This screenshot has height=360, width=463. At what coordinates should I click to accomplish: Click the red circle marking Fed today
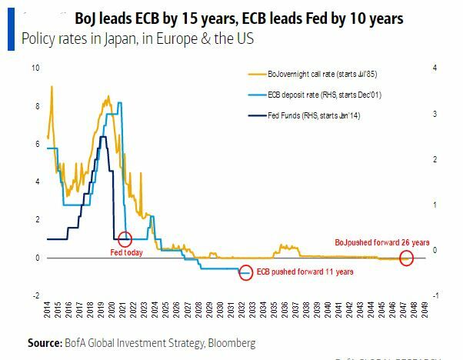pos(125,239)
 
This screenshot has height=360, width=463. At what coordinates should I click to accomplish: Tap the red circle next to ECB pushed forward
pos(245,272)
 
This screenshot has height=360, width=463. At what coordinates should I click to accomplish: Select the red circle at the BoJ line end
pos(407,258)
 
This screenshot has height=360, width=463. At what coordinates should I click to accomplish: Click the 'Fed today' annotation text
pos(127,252)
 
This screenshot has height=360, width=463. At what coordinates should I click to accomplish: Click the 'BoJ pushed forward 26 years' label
pos(381,242)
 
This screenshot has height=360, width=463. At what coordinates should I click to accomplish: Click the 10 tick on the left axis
pos(35,68)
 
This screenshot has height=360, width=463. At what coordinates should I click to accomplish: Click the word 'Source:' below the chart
pos(45,342)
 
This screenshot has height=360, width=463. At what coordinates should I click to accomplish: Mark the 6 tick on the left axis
pos(35,144)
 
